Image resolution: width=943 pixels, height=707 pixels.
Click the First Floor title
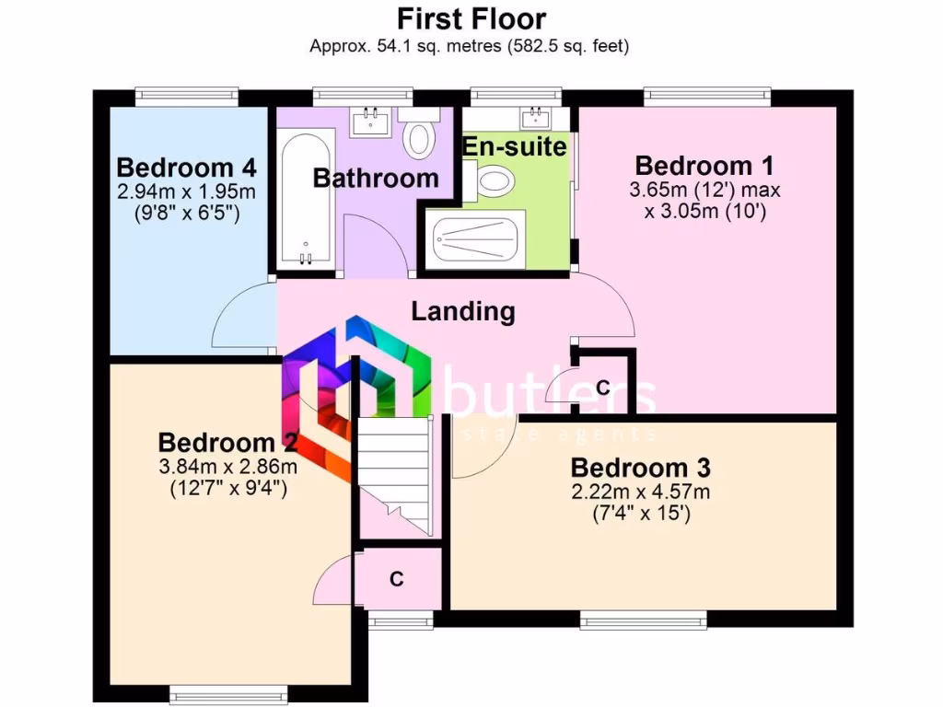tap(471, 18)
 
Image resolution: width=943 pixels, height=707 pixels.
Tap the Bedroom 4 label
tap(186, 168)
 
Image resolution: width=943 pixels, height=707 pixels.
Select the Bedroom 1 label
tap(704, 167)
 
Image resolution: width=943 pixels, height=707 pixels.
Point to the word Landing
tap(462, 311)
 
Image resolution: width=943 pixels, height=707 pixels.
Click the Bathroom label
tap(376, 178)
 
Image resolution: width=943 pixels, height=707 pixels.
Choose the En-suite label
tap(514, 146)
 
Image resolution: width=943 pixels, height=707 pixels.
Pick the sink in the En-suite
tap(533, 117)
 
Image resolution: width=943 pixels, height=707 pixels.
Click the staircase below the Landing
tap(395, 474)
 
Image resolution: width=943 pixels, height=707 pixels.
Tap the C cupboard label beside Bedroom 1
tap(602, 388)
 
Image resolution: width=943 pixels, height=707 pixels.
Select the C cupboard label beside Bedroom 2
tap(397, 579)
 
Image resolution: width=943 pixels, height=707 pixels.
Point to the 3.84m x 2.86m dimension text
tap(228, 468)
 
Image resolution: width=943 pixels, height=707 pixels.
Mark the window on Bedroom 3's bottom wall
tap(643, 620)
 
